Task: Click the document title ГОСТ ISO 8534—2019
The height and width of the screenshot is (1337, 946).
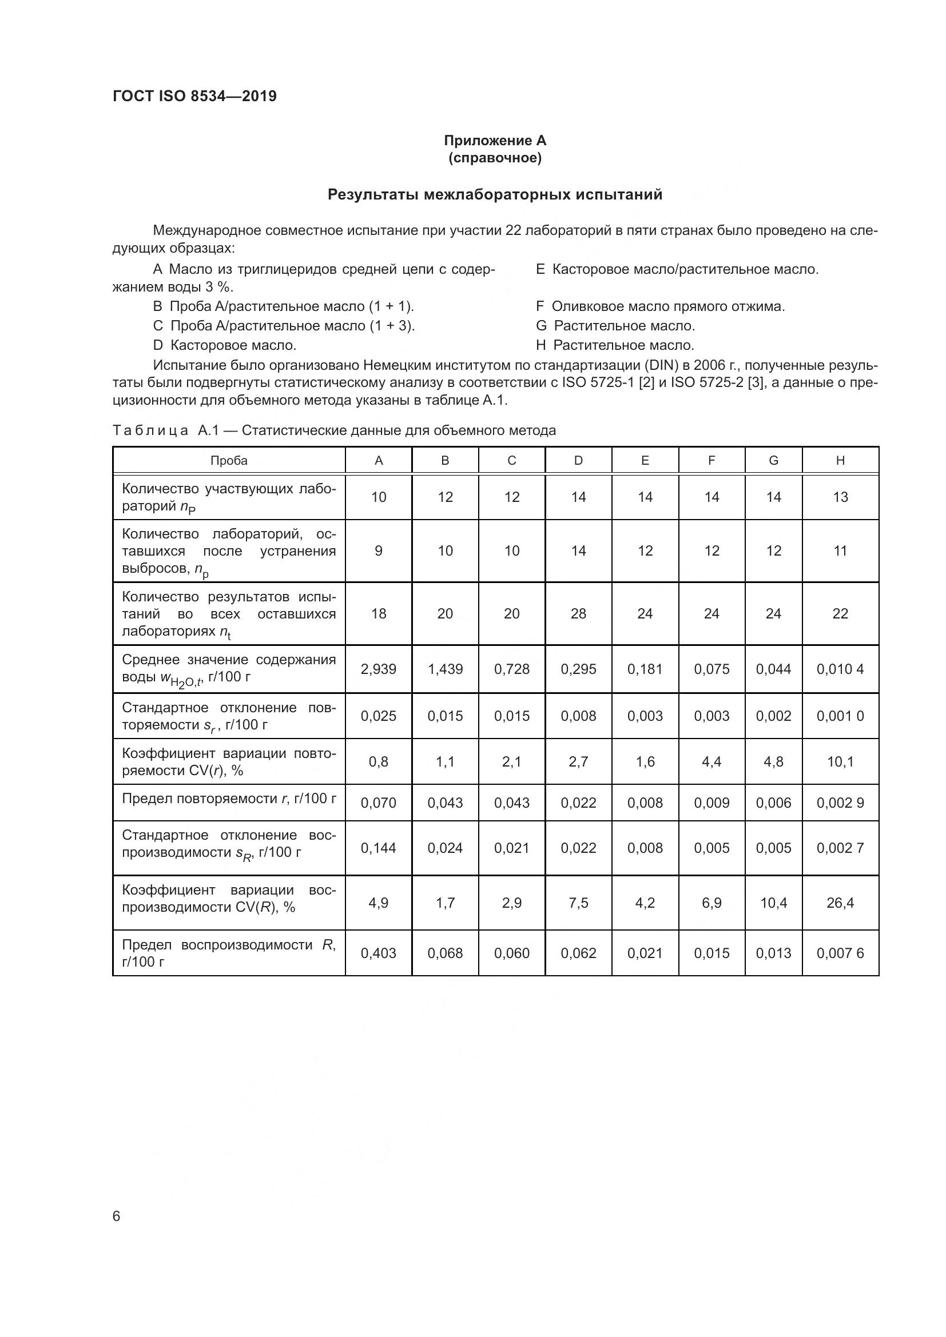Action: tap(194, 96)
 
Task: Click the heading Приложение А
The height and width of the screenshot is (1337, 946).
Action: tap(495, 141)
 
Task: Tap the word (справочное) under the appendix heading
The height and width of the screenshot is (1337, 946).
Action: tap(495, 158)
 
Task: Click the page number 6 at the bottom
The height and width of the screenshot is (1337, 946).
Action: tap(117, 1216)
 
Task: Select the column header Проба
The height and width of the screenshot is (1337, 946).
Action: tap(228, 461)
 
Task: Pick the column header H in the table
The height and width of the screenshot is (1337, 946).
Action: tap(840, 461)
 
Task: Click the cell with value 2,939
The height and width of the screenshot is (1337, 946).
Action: tap(378, 669)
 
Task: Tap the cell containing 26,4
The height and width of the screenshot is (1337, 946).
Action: tap(840, 903)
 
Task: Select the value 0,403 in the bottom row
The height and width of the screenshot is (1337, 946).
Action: tap(378, 953)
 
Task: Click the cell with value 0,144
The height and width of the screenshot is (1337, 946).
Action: tap(378, 848)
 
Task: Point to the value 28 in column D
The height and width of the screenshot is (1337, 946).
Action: tap(578, 613)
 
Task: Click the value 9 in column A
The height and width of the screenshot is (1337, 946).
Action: tap(378, 550)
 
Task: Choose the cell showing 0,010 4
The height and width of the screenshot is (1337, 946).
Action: tap(840, 669)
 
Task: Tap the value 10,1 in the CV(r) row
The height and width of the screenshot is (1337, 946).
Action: tap(840, 761)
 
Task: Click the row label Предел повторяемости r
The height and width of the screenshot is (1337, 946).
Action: tap(228, 799)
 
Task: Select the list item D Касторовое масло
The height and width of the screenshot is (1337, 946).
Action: tap(224, 345)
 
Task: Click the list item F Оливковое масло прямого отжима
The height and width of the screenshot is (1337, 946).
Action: tap(660, 306)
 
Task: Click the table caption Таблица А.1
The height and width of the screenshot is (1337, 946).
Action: tap(334, 430)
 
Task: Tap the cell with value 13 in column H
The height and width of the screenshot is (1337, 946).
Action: tap(840, 497)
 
